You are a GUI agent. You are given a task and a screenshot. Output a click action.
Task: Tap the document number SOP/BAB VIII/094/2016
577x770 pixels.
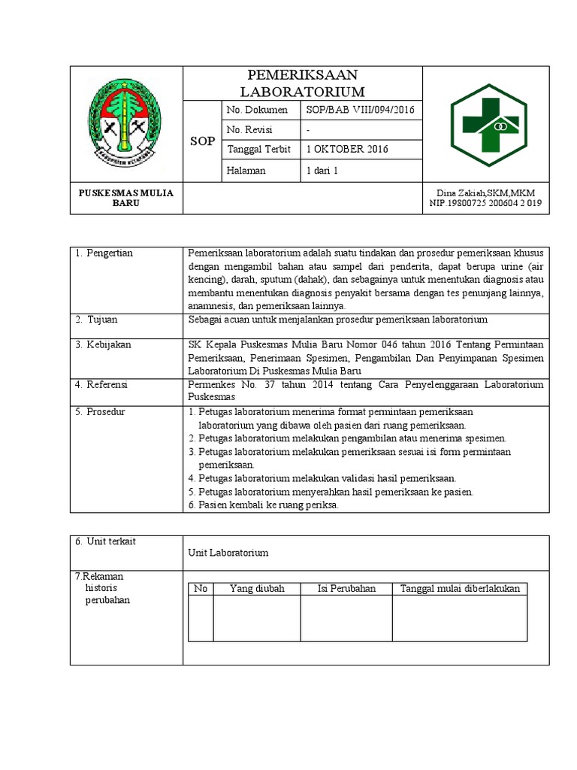click(x=360, y=111)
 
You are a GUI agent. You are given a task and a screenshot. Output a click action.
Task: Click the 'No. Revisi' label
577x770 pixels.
click(x=249, y=130)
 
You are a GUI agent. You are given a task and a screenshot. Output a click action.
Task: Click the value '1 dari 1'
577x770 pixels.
click(x=322, y=171)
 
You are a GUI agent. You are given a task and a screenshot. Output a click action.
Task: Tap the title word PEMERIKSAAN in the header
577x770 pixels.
click(x=302, y=75)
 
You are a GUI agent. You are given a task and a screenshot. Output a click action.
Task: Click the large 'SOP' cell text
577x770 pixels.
click(x=202, y=141)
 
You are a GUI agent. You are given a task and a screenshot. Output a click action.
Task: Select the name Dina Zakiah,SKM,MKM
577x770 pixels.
click(x=486, y=193)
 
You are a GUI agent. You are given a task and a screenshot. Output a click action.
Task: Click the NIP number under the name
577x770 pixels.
click(x=486, y=203)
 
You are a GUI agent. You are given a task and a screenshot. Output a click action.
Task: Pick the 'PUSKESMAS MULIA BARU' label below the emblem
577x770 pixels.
click(x=126, y=198)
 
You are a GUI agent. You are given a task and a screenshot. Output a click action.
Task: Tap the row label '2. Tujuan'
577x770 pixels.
click(x=96, y=320)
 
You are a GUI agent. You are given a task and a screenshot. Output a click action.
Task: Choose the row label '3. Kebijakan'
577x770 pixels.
click(x=104, y=344)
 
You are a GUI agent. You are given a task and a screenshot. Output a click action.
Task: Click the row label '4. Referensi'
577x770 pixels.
click(x=102, y=385)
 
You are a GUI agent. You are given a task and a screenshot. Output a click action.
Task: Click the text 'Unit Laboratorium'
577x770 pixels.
click(x=228, y=553)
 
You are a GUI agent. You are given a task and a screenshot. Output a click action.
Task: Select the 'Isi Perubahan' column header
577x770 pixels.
click(x=346, y=589)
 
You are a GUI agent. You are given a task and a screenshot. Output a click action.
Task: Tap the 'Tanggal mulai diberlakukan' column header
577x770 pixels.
click(x=460, y=589)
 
